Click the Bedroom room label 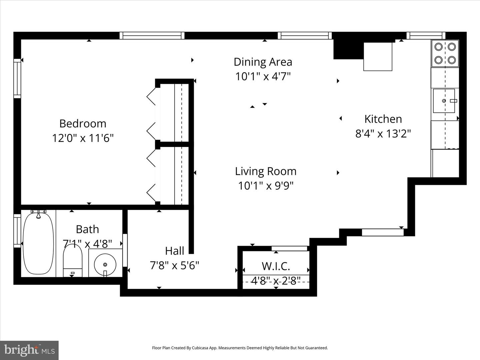pyautogui.click(x=83, y=123)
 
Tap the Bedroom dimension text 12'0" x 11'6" pyautogui.click(x=83, y=138)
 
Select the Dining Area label pyautogui.click(x=263, y=62)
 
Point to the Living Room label pyautogui.click(x=266, y=171)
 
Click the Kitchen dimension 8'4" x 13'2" pyautogui.click(x=383, y=134)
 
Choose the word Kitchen pyautogui.click(x=383, y=119)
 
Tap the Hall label pyautogui.click(x=174, y=251)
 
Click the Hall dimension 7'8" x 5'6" pyautogui.click(x=174, y=265)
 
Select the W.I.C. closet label pyautogui.click(x=276, y=266)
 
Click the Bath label pyautogui.click(x=87, y=229)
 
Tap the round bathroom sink pyautogui.click(x=105, y=264)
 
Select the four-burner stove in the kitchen pyautogui.click(x=445, y=53)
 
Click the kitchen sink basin pyautogui.click(x=444, y=101)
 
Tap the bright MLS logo pyautogui.click(x=29, y=350)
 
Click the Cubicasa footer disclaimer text pyautogui.click(x=240, y=348)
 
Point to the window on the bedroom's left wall pyautogui.click(x=17, y=79)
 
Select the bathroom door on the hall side pyautogui.click(x=125, y=250)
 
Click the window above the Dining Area pyautogui.click(x=305, y=36)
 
